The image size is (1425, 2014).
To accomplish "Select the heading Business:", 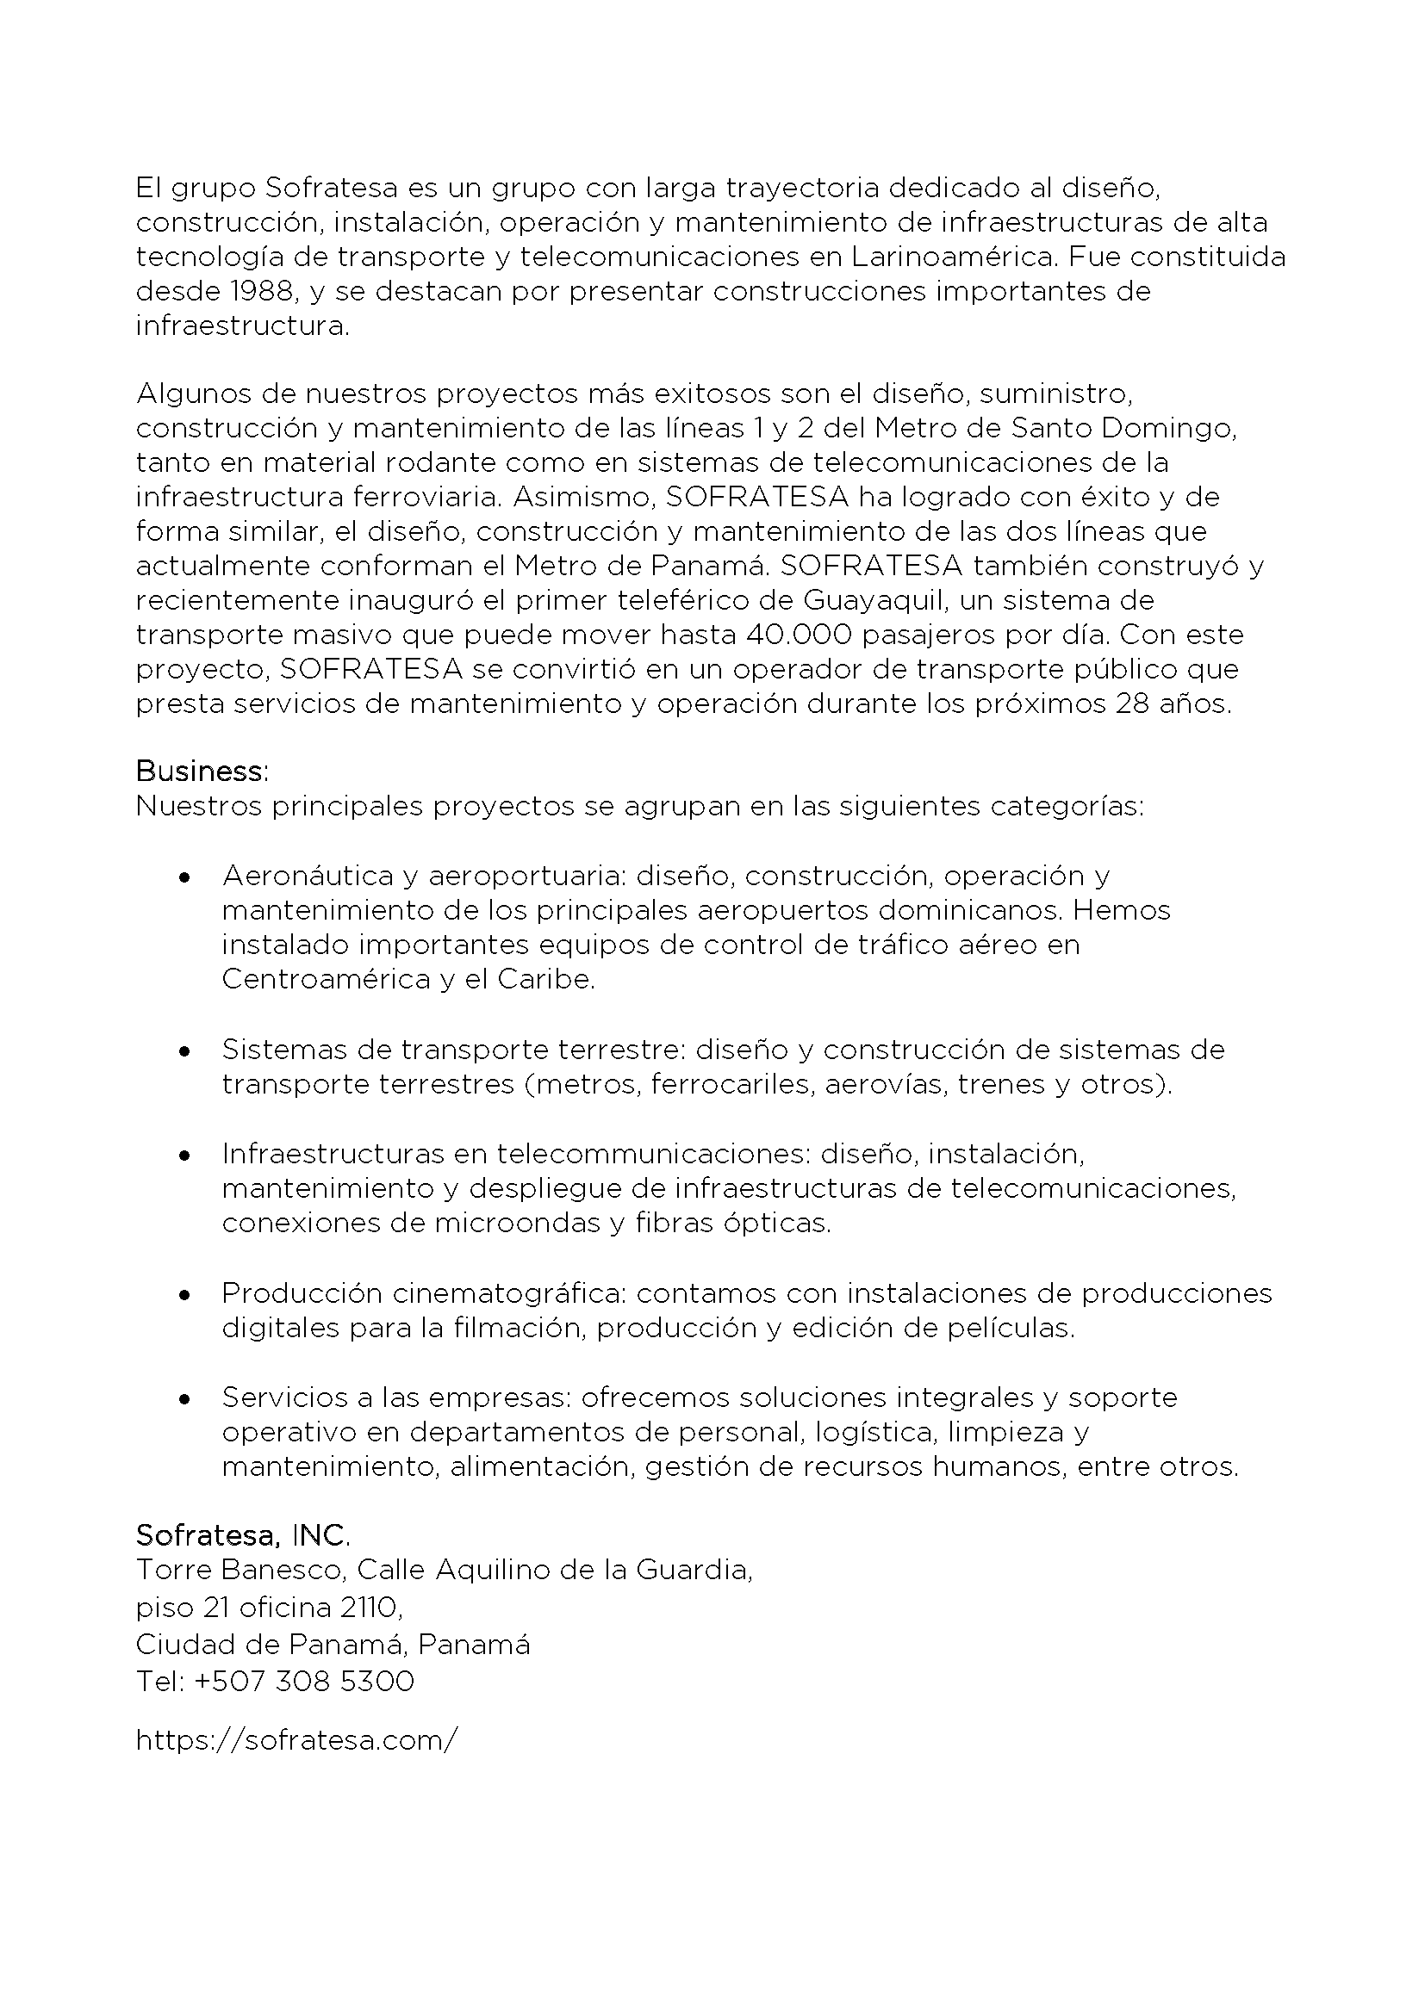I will click(x=202, y=771).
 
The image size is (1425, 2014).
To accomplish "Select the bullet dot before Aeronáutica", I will click(x=184, y=877).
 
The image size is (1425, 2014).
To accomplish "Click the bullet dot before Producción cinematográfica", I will click(x=184, y=1294).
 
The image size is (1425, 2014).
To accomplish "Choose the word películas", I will click(x=1006, y=1328).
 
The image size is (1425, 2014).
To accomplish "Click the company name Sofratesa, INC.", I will click(x=243, y=1535).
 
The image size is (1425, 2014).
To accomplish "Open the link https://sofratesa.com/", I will click(x=296, y=1740).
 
